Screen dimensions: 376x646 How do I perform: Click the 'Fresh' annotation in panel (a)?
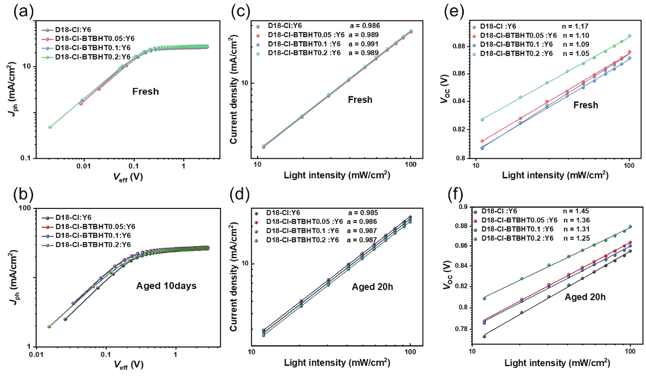145,91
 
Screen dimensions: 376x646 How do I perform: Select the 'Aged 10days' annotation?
166,286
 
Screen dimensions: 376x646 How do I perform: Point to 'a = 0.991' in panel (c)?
363,44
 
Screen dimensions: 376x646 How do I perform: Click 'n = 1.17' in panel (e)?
575,26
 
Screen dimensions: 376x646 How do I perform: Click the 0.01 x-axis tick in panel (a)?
84,166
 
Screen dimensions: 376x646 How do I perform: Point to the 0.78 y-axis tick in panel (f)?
461,329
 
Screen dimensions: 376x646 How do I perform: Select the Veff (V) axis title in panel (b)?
128,365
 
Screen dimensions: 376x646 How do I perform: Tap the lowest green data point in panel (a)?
50,127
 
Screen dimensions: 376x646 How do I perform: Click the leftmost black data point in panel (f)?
484,336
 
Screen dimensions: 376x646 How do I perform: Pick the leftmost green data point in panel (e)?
482,120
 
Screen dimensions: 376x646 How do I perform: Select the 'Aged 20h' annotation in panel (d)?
372,287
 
